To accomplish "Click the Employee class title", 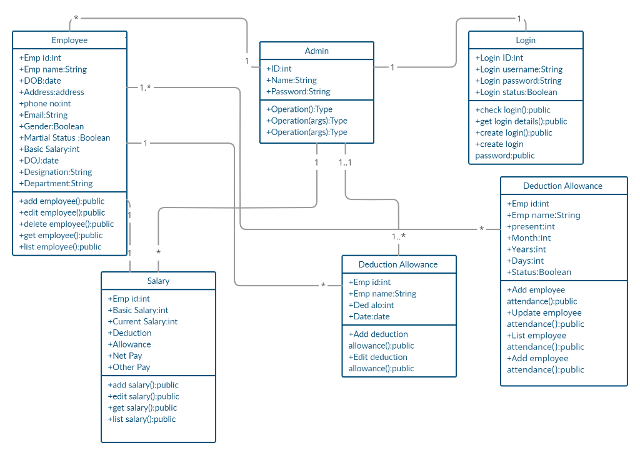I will click(x=69, y=40).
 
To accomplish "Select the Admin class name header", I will click(x=316, y=51).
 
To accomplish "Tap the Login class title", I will click(x=526, y=40).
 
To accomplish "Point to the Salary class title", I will click(x=158, y=281).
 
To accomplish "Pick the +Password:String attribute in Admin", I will click(x=298, y=91).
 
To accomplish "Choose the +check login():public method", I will click(x=512, y=110).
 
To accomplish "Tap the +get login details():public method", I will click(x=521, y=121).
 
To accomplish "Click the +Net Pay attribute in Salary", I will click(x=125, y=356).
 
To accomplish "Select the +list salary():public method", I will click(x=141, y=419).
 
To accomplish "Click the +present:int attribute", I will click(x=531, y=226).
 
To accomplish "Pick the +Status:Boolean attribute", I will click(x=539, y=272).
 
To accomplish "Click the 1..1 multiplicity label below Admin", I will click(x=346, y=162).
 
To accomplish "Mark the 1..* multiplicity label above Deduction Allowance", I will click(x=399, y=236).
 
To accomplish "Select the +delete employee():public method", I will click(x=66, y=224).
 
